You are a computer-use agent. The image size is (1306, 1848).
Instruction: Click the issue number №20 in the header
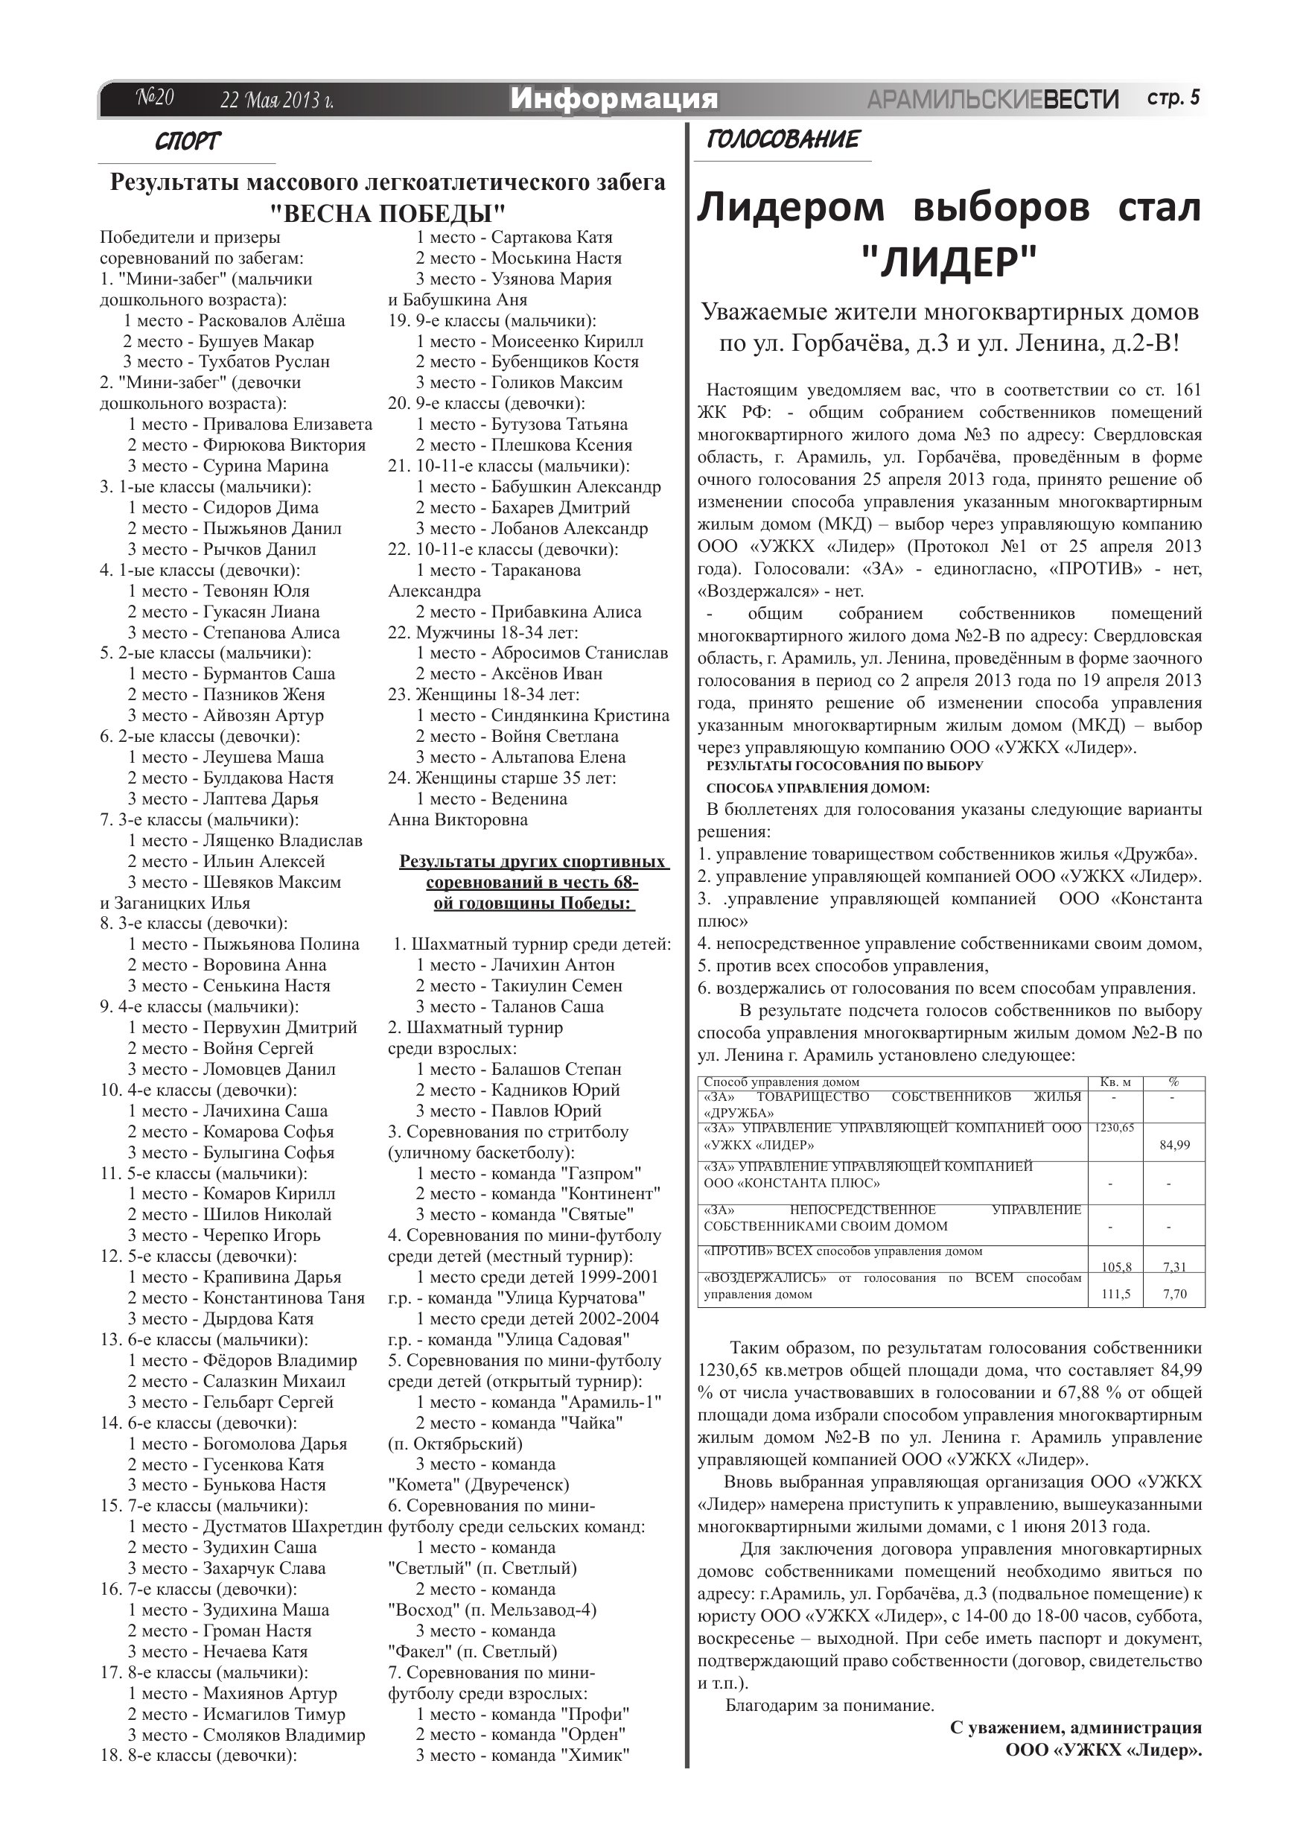pos(154,98)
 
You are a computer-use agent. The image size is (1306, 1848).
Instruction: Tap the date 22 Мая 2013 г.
pos(277,101)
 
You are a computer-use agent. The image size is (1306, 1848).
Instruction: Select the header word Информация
pos(614,99)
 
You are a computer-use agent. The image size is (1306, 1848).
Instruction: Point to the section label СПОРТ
pos(187,142)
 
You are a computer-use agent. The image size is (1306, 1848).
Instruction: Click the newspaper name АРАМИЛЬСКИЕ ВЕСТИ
pos(993,100)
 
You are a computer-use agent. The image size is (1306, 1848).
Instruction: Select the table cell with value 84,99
pos(1175,1145)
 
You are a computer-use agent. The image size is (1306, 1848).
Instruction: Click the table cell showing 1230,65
pos(1114,1128)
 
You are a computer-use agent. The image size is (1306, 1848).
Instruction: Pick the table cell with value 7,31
pos(1174,1267)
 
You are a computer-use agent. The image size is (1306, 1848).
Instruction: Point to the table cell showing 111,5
pos(1115,1295)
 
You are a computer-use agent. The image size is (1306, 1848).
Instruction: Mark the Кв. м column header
pos(1115,1082)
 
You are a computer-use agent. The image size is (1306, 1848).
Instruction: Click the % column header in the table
pos(1173,1082)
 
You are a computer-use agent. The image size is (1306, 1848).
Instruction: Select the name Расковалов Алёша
pos(272,320)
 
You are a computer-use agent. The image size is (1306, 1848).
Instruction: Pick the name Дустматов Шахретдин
pos(292,1527)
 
